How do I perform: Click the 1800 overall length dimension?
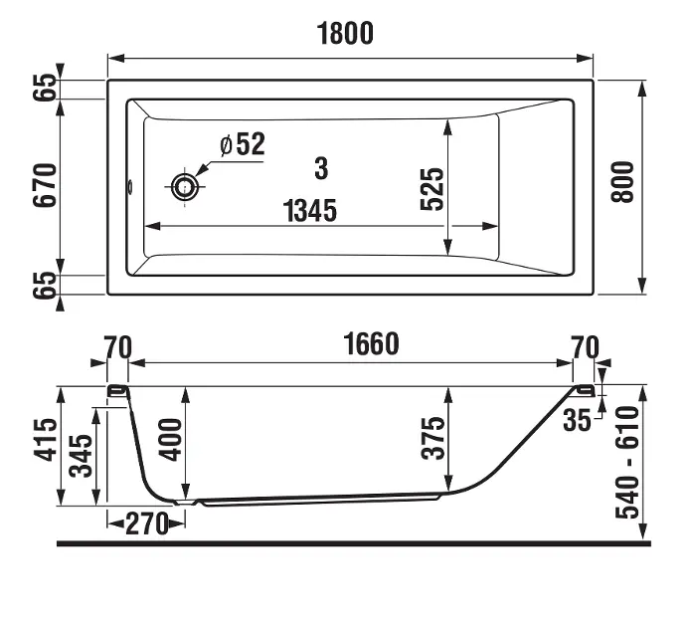pos(345,34)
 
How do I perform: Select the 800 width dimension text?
pos(623,182)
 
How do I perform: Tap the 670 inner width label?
pos(45,185)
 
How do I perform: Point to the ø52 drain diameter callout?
pos(243,143)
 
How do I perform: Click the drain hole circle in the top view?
pos(184,187)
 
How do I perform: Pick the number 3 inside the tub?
pos(321,168)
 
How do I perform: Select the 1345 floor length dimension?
pos(310,210)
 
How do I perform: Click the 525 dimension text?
pos(431,189)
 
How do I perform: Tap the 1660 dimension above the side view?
pos(371,343)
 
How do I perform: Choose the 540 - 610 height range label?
pos(627,463)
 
